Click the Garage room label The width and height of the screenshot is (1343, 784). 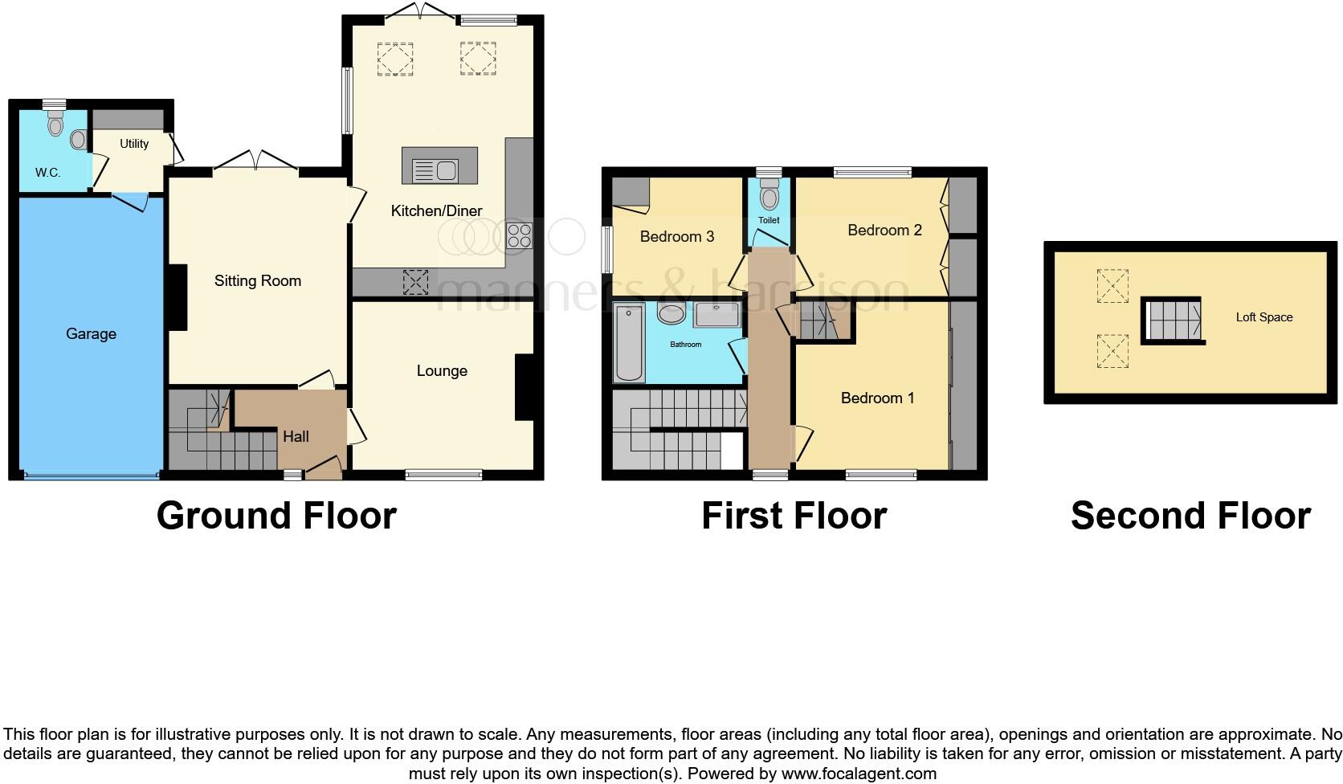click(x=91, y=333)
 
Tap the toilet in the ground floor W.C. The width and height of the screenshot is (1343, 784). click(x=55, y=124)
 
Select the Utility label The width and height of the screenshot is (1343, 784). click(x=134, y=144)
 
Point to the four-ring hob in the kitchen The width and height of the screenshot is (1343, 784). click(x=519, y=235)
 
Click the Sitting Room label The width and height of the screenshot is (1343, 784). click(x=257, y=280)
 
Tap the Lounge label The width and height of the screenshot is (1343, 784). click(x=442, y=370)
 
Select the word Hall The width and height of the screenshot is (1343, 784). click(x=296, y=436)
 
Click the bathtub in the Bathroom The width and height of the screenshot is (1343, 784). click(x=629, y=342)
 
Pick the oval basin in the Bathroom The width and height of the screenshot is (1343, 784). click(x=671, y=313)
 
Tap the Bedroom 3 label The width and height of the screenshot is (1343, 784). click(x=677, y=236)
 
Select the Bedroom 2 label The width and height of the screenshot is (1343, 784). click(x=884, y=230)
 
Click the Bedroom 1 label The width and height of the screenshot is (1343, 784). click(x=877, y=398)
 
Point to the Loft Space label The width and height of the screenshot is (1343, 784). click(x=1263, y=317)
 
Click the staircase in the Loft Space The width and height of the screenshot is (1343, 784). click(x=1172, y=319)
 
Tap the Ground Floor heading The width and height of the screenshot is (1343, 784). click(x=276, y=516)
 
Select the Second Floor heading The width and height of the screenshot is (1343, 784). click(x=1190, y=516)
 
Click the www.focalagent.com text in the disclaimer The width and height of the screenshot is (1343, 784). click(x=859, y=774)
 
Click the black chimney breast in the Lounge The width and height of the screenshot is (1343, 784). click(x=525, y=387)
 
